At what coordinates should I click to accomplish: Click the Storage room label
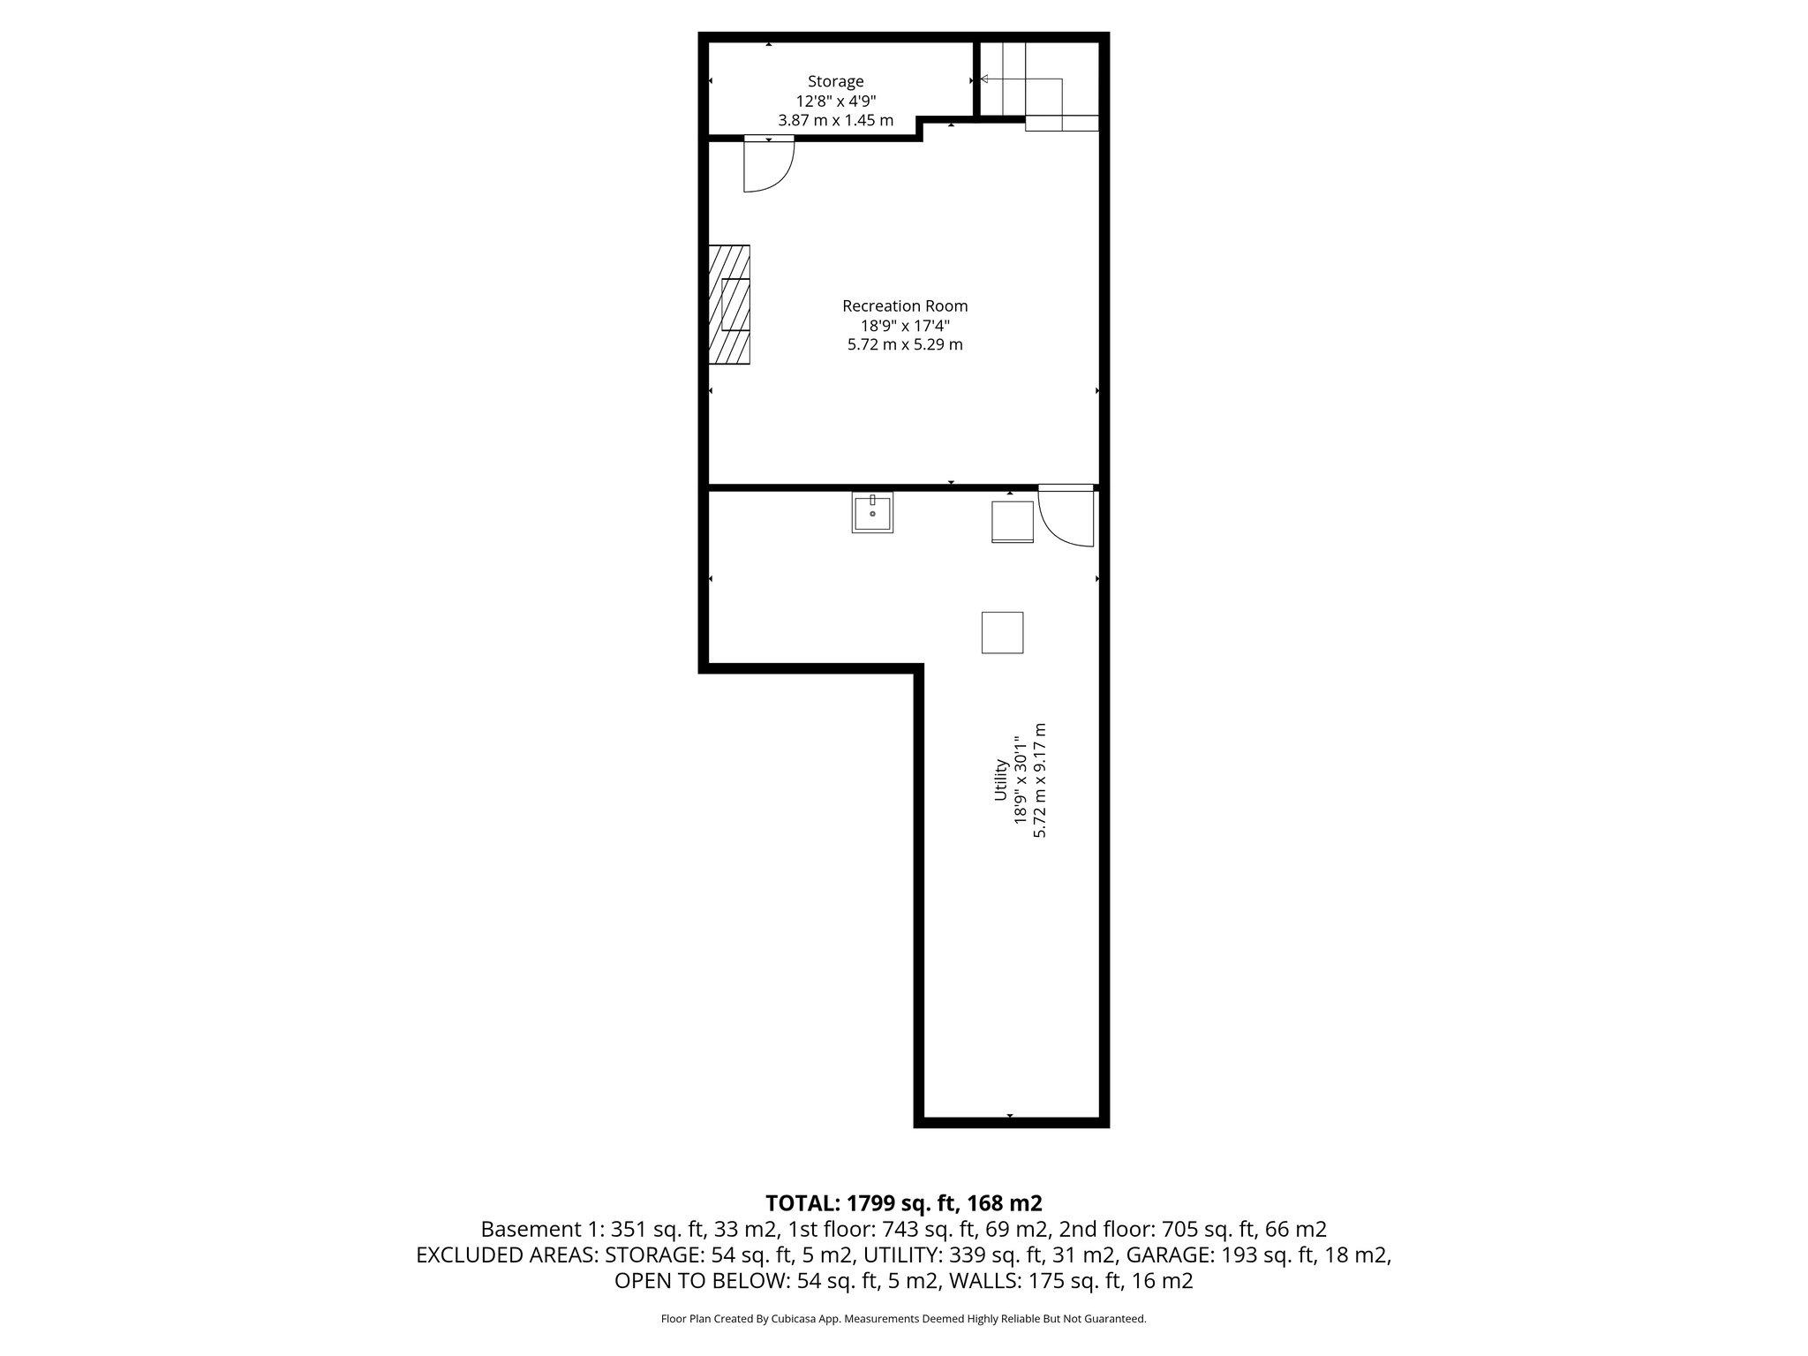[x=835, y=82]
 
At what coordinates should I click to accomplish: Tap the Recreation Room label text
[x=905, y=306]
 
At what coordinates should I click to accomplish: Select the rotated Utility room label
[x=1000, y=780]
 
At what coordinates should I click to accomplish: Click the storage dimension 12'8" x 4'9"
[x=835, y=102]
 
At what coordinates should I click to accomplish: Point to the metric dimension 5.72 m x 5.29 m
[x=905, y=345]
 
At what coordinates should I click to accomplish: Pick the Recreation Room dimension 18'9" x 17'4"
[x=905, y=326]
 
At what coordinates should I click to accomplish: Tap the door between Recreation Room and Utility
[x=1066, y=516]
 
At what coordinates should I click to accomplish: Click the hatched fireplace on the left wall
[x=729, y=305]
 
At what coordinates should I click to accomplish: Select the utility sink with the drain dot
[x=872, y=512]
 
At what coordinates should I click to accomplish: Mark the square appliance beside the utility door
[x=1013, y=521]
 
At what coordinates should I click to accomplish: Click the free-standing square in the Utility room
[x=1002, y=632]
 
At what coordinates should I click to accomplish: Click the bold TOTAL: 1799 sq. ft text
[x=904, y=1202]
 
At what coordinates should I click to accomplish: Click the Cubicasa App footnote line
[x=904, y=1319]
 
